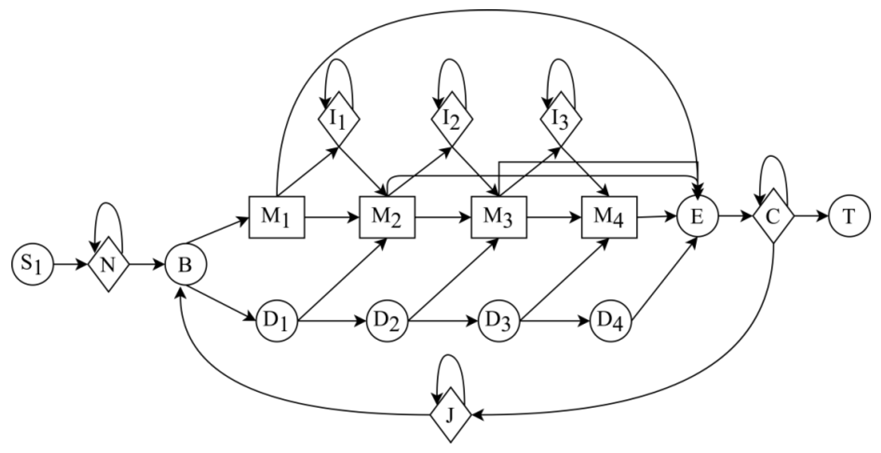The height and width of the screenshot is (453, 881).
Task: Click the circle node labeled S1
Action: tap(33, 265)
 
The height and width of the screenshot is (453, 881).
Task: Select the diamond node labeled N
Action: tap(108, 265)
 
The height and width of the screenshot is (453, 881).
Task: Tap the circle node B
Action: tap(186, 265)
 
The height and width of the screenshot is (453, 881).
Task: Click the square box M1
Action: tap(276, 217)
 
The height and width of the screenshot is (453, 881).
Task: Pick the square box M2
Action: tap(387, 217)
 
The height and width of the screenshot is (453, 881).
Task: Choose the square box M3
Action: tap(499, 217)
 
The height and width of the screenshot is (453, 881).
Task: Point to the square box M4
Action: tap(609, 217)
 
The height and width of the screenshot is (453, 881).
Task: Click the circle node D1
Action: tap(277, 322)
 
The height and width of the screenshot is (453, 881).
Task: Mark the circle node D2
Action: tap(387, 322)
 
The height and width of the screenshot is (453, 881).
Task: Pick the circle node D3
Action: tap(499, 322)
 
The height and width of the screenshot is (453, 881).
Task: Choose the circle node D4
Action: tap(610, 322)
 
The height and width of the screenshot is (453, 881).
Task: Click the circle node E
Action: tap(697, 217)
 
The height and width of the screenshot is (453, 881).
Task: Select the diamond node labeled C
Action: tap(773, 216)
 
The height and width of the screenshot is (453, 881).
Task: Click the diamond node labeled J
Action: tap(451, 415)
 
